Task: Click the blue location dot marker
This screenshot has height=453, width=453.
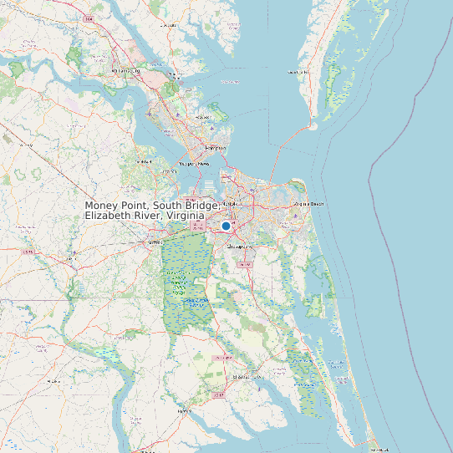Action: [x=226, y=226]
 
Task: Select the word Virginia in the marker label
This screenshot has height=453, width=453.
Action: [x=185, y=216]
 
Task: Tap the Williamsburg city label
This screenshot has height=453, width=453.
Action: [x=125, y=71]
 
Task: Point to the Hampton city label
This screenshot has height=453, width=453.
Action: [x=216, y=147]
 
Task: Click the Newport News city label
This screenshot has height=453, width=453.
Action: [x=191, y=164]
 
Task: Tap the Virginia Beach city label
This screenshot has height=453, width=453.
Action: [x=308, y=203]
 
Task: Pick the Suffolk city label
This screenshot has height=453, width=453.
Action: [x=154, y=242]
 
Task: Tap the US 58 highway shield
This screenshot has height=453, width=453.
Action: [x=28, y=251]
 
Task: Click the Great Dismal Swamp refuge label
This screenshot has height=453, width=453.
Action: [x=180, y=280]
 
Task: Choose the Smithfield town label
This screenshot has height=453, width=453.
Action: [x=143, y=161]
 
